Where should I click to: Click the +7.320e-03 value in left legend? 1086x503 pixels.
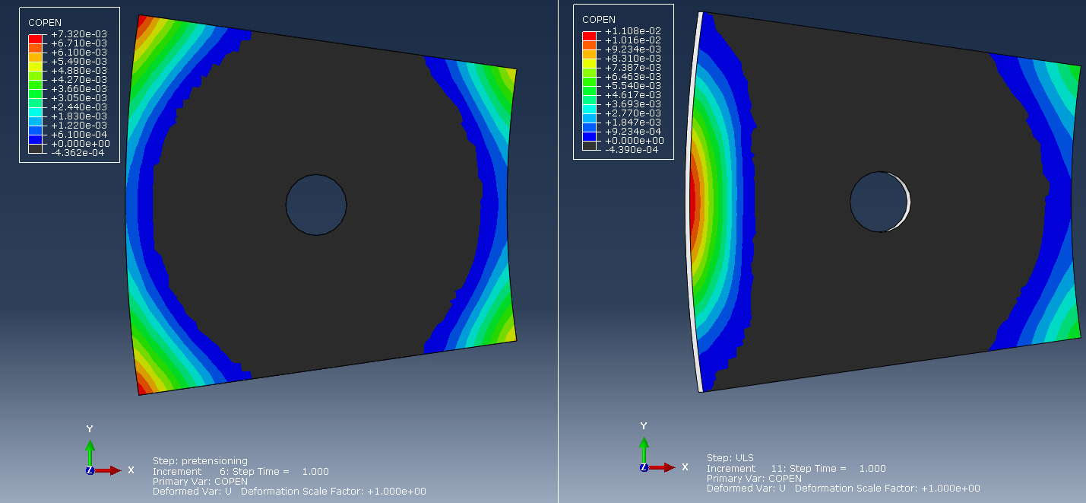click(79, 34)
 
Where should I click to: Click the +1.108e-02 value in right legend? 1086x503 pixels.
click(632, 31)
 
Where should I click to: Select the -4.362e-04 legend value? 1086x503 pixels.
click(79, 152)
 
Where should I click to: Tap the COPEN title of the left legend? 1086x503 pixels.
click(45, 23)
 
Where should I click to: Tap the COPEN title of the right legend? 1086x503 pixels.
click(599, 20)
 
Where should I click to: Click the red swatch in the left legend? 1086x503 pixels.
click(35, 39)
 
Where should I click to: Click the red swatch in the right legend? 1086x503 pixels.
click(589, 36)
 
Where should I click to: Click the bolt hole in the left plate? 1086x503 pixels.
click(316, 205)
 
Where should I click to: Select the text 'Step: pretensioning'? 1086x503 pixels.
click(200, 460)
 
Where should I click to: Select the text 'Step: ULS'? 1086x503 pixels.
click(730, 457)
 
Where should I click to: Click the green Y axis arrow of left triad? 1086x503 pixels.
click(90, 452)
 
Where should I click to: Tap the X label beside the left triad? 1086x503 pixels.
click(131, 470)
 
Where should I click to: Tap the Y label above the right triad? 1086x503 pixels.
click(644, 426)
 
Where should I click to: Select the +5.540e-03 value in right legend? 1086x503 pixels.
click(632, 86)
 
